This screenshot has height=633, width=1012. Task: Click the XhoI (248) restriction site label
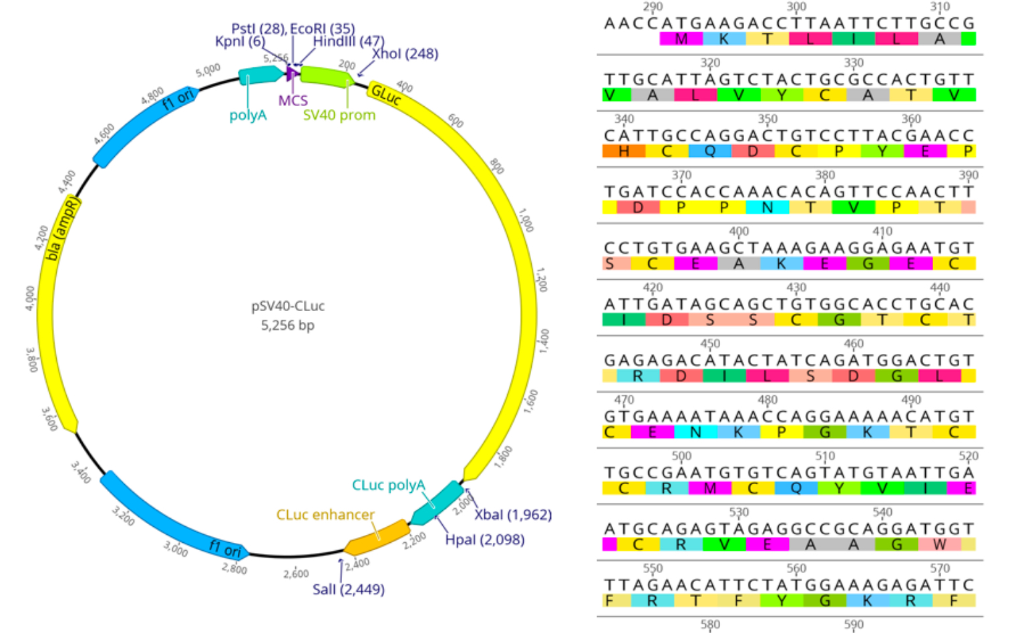coord(405,53)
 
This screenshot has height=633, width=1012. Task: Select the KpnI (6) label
coord(240,41)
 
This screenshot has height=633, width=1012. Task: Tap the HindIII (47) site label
coord(349,41)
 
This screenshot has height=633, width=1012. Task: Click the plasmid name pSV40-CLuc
coord(288,306)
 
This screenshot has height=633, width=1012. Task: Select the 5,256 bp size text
coord(287,325)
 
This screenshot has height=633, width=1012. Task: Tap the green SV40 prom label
coord(339,115)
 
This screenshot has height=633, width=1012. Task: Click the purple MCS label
coord(293,100)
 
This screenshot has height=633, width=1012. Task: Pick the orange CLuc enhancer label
coord(325,515)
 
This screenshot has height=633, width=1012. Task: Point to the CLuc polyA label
coord(388,485)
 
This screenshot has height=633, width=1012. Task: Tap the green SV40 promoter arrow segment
coord(326,76)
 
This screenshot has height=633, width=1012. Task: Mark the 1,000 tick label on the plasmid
coord(526,220)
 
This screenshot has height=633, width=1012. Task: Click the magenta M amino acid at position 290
coord(681,39)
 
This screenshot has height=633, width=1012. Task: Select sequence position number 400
coord(739,231)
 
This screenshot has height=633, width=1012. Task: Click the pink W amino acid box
coord(939,544)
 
